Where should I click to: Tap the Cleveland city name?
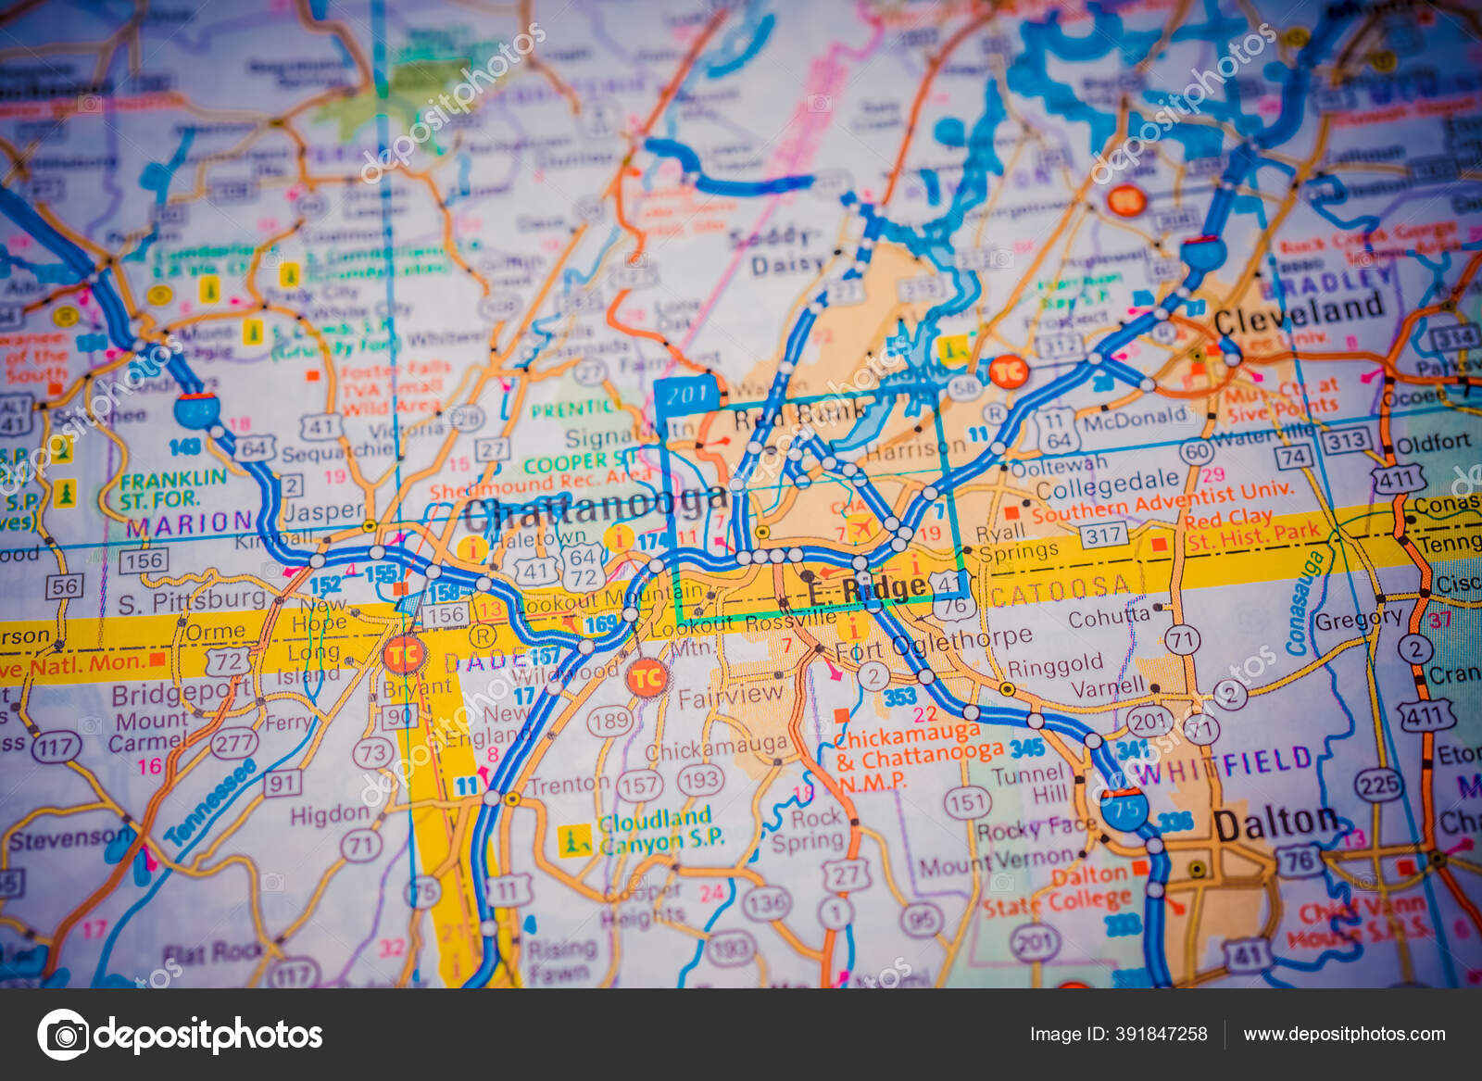[1299, 312]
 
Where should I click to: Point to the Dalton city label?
[1275, 823]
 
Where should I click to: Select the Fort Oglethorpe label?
[934, 643]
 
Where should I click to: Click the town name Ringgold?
[1055, 665]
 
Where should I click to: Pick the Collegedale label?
[1107, 484]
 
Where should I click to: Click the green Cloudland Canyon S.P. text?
[656, 831]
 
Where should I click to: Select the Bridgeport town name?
[180, 693]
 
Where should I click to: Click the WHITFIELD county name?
[1223, 765]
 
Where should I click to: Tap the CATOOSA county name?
[1061, 587]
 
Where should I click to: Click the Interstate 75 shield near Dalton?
[1124, 810]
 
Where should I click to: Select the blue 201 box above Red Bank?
[687, 396]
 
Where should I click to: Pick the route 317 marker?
[1103, 534]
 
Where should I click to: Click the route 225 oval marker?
[1378, 785]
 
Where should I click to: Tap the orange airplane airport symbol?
[861, 528]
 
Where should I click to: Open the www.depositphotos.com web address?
[1344, 1034]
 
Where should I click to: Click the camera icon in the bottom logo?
[63, 1035]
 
